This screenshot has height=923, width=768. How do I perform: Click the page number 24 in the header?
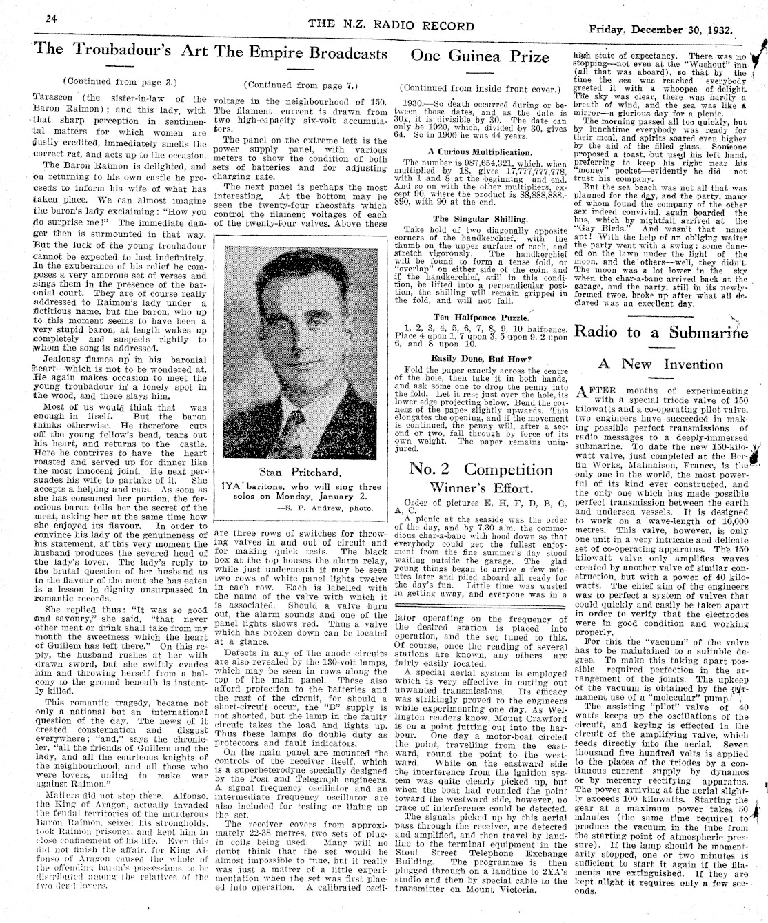point(50,19)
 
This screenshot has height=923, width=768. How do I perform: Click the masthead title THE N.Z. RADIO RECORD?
point(392,26)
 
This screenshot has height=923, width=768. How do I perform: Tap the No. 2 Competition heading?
point(481,469)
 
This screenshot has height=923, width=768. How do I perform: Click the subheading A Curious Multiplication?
point(479,152)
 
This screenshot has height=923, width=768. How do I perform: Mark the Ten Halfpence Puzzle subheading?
point(480,317)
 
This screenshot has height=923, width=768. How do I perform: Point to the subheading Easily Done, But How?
point(480,358)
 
